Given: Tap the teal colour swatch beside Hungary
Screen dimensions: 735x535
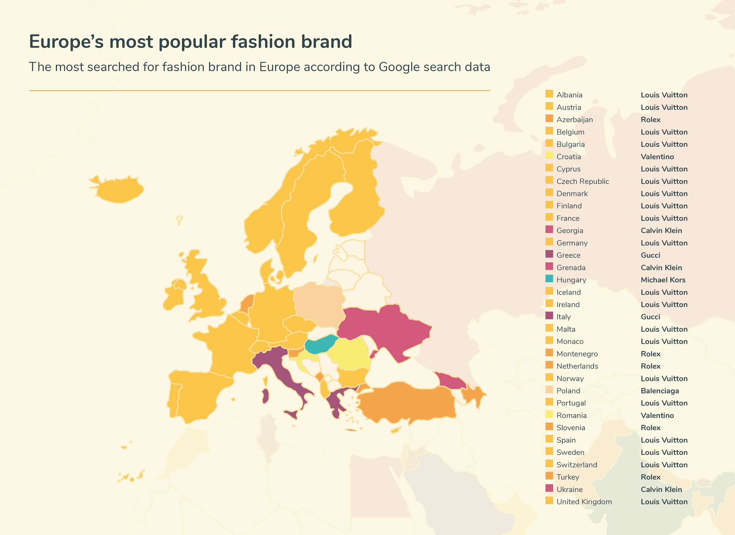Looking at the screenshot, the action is coord(549,278).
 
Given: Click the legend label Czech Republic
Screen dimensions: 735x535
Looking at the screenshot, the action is coord(582,181).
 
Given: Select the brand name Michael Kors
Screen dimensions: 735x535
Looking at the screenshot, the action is coord(663,280).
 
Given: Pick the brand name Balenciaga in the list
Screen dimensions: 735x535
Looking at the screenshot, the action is coord(659,391).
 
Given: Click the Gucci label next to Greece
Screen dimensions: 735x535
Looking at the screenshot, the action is coord(650,255).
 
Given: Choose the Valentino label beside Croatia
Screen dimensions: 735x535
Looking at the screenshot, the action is coord(657,157).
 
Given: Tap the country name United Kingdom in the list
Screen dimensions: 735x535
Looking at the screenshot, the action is coord(584,502).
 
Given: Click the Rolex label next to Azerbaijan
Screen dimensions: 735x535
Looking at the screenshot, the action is coord(650,120).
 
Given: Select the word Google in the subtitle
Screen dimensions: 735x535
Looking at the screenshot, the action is coord(399,67).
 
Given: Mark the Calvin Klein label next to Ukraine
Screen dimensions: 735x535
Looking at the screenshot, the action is coord(661,489).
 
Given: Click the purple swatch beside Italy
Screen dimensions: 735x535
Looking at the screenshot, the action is coord(549,315).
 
